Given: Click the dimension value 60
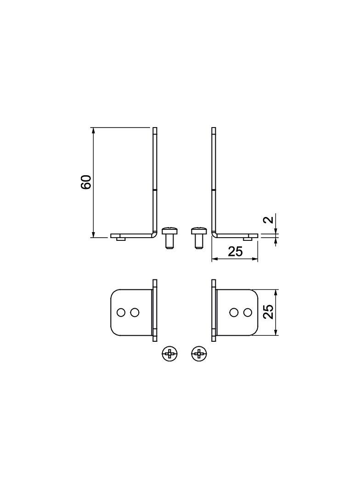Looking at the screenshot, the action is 86,182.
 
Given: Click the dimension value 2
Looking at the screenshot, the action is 269,219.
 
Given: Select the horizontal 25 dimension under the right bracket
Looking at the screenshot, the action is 236,251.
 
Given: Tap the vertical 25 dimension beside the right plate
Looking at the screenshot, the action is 269,311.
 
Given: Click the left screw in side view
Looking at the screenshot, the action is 170,238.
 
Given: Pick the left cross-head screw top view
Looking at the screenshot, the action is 170,354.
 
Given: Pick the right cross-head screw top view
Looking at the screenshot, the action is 198,354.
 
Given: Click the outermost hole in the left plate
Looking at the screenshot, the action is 120,312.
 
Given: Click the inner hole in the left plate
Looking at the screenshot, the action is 135,312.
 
